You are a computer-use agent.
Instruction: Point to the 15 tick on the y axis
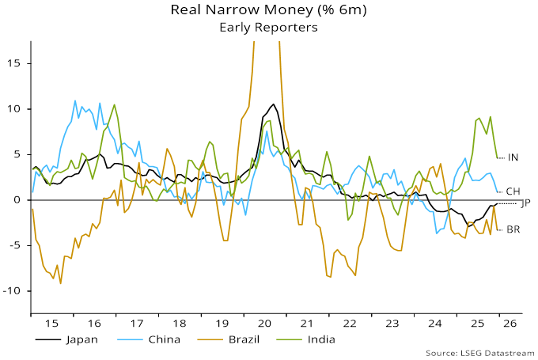tap(13, 63)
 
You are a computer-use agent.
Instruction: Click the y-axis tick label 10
tap(13, 109)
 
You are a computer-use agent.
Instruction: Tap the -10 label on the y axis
tap(11, 291)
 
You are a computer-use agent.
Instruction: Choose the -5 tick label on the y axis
tap(13, 245)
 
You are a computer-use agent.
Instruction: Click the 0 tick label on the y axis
tap(17, 200)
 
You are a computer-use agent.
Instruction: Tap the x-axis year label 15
tap(51, 323)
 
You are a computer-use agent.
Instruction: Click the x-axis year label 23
tap(391, 323)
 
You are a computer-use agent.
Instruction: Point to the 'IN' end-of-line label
tap(513, 157)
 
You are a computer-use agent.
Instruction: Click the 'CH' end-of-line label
tap(513, 191)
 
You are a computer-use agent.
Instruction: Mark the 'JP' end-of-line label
tap(525, 203)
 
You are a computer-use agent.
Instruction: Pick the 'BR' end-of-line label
tap(513, 229)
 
